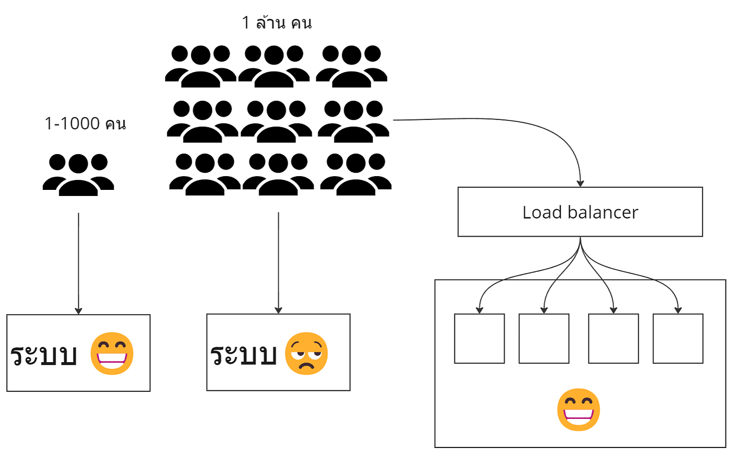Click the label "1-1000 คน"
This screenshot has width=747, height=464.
pyautogui.click(x=85, y=124)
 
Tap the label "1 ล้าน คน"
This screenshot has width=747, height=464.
pyautogui.click(x=277, y=23)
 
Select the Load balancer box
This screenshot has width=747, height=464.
pyautogui.click(x=580, y=212)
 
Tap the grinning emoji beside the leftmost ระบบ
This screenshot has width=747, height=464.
pyautogui.click(x=112, y=353)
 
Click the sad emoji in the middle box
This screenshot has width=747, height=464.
pyautogui.click(x=306, y=353)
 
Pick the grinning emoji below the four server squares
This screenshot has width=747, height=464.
pyautogui.click(x=578, y=410)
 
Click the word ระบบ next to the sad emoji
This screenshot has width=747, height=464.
pyautogui.click(x=243, y=355)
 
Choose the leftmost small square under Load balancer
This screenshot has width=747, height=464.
pyautogui.click(x=479, y=339)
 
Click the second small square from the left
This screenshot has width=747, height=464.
pyautogui.click(x=543, y=339)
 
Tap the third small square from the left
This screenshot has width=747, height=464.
pyautogui.click(x=613, y=339)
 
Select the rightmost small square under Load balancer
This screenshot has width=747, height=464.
pyautogui.click(x=678, y=339)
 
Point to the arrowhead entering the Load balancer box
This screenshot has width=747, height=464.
pyautogui.click(x=580, y=183)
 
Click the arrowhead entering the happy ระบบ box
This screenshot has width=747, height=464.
pyautogui.click(x=78, y=310)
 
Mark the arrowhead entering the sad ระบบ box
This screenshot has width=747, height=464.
pyautogui.click(x=278, y=310)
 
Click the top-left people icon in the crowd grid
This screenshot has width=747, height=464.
pyautogui.click(x=200, y=66)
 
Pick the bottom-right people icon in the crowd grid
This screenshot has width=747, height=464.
pyautogui.click(x=355, y=174)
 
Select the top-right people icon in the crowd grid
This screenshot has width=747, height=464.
pyautogui.click(x=351, y=66)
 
